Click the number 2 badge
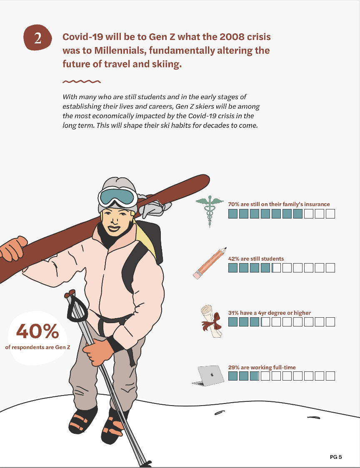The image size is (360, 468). point(37,38)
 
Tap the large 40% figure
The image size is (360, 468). point(37,331)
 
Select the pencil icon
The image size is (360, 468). point(210,263)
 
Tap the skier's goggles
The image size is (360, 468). point(118,197)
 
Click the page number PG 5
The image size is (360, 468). point(336,457)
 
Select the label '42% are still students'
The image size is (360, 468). point(256,259)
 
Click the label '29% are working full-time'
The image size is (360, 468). point(262,367)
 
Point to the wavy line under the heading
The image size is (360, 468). point(82,82)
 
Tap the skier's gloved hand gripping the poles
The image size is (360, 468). point(98,353)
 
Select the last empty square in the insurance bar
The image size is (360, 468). point(330,214)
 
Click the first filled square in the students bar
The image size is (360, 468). point(233,268)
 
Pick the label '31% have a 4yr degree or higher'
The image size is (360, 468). point(270,313)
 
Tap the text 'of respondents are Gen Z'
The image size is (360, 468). point(37,347)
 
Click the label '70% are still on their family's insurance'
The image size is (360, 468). point(279,204)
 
